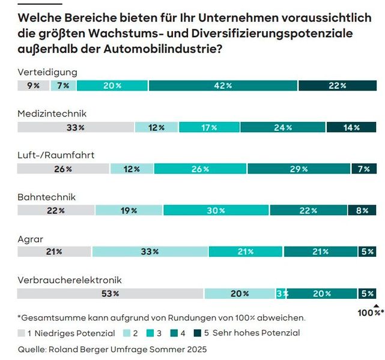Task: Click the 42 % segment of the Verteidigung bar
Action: pyautogui.click(x=223, y=86)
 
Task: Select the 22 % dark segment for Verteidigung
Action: pyautogui.click(x=338, y=86)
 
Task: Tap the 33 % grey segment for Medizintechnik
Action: pyautogui.click(x=75, y=127)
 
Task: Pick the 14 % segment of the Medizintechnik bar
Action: pyautogui.click(x=351, y=127)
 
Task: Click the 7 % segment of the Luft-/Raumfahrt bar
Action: pyautogui.click(x=364, y=169)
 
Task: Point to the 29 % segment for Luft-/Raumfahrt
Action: pyautogui.click(x=299, y=169)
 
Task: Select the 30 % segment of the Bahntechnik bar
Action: pyautogui.click(x=216, y=211)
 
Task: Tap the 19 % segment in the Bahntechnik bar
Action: pyautogui.click(x=129, y=211)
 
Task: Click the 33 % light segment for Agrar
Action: pyautogui.click(x=150, y=252)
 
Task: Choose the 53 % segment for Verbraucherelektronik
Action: pyautogui.click(x=110, y=293)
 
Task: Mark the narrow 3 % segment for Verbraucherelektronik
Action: pyautogui.click(x=281, y=293)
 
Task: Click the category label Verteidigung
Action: pyautogui.click(x=47, y=72)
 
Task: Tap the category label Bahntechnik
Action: pyautogui.click(x=46, y=197)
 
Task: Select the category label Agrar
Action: pyautogui.click(x=30, y=238)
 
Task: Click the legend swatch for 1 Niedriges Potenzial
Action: pyautogui.click(x=22, y=332)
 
